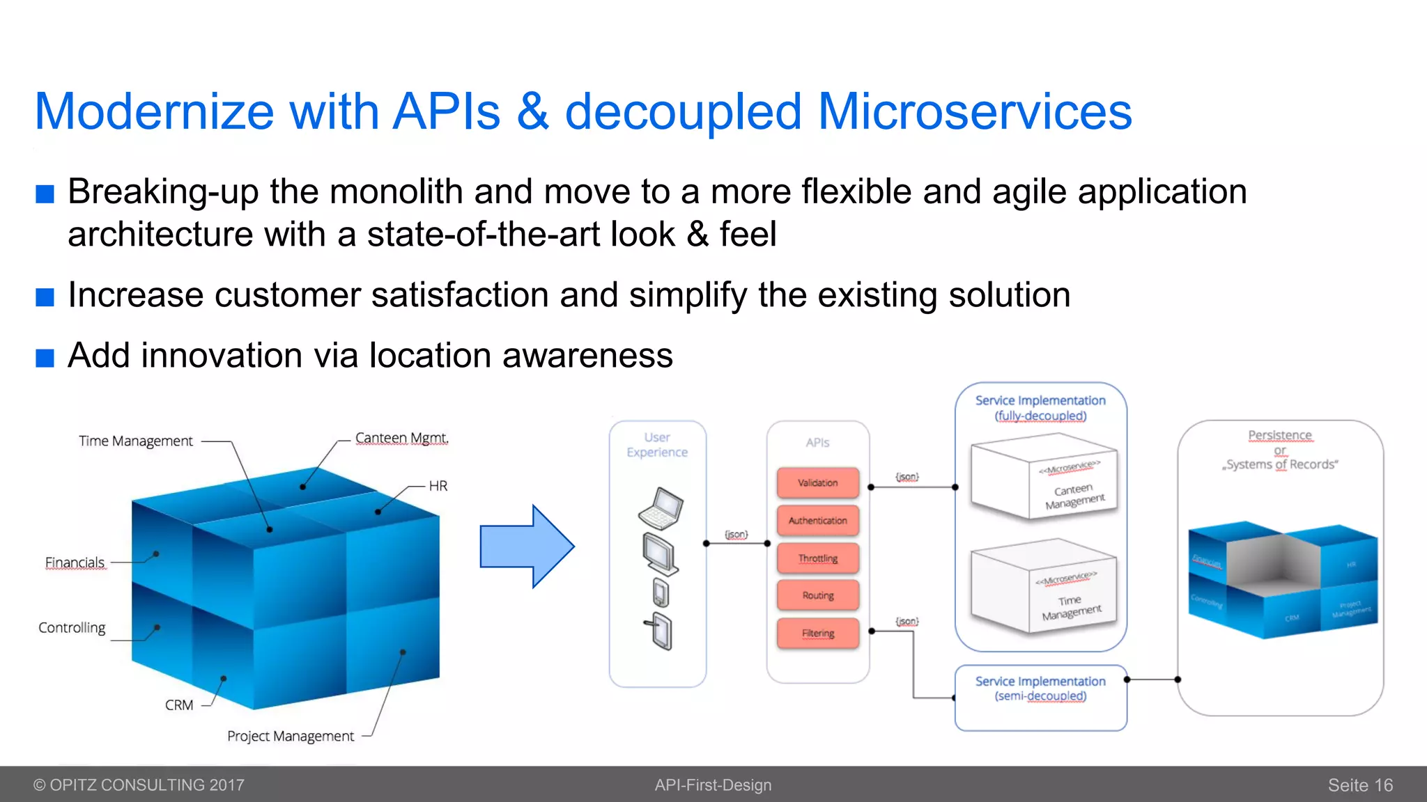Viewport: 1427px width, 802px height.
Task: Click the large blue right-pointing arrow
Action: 527,547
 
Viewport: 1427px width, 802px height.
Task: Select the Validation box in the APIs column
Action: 817,482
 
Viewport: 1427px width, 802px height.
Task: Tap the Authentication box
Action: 817,520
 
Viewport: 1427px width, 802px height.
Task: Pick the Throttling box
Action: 817,558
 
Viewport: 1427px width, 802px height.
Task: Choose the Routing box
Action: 817,595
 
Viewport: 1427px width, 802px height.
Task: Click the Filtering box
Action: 817,633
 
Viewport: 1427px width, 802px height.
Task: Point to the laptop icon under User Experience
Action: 661,509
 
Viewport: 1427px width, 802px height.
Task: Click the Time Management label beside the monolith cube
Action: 136,441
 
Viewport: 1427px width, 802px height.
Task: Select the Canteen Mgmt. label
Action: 401,438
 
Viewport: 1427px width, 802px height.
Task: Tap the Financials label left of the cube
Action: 75,563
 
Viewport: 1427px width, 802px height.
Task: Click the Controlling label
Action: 72,628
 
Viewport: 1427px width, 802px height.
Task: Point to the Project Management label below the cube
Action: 291,736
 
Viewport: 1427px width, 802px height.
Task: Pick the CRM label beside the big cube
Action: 179,705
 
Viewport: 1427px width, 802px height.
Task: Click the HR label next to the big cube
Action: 438,486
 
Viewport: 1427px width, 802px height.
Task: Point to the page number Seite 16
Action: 1360,785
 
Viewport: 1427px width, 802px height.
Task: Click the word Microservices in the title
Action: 975,111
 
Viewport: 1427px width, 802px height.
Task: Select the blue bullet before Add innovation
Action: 45,358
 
